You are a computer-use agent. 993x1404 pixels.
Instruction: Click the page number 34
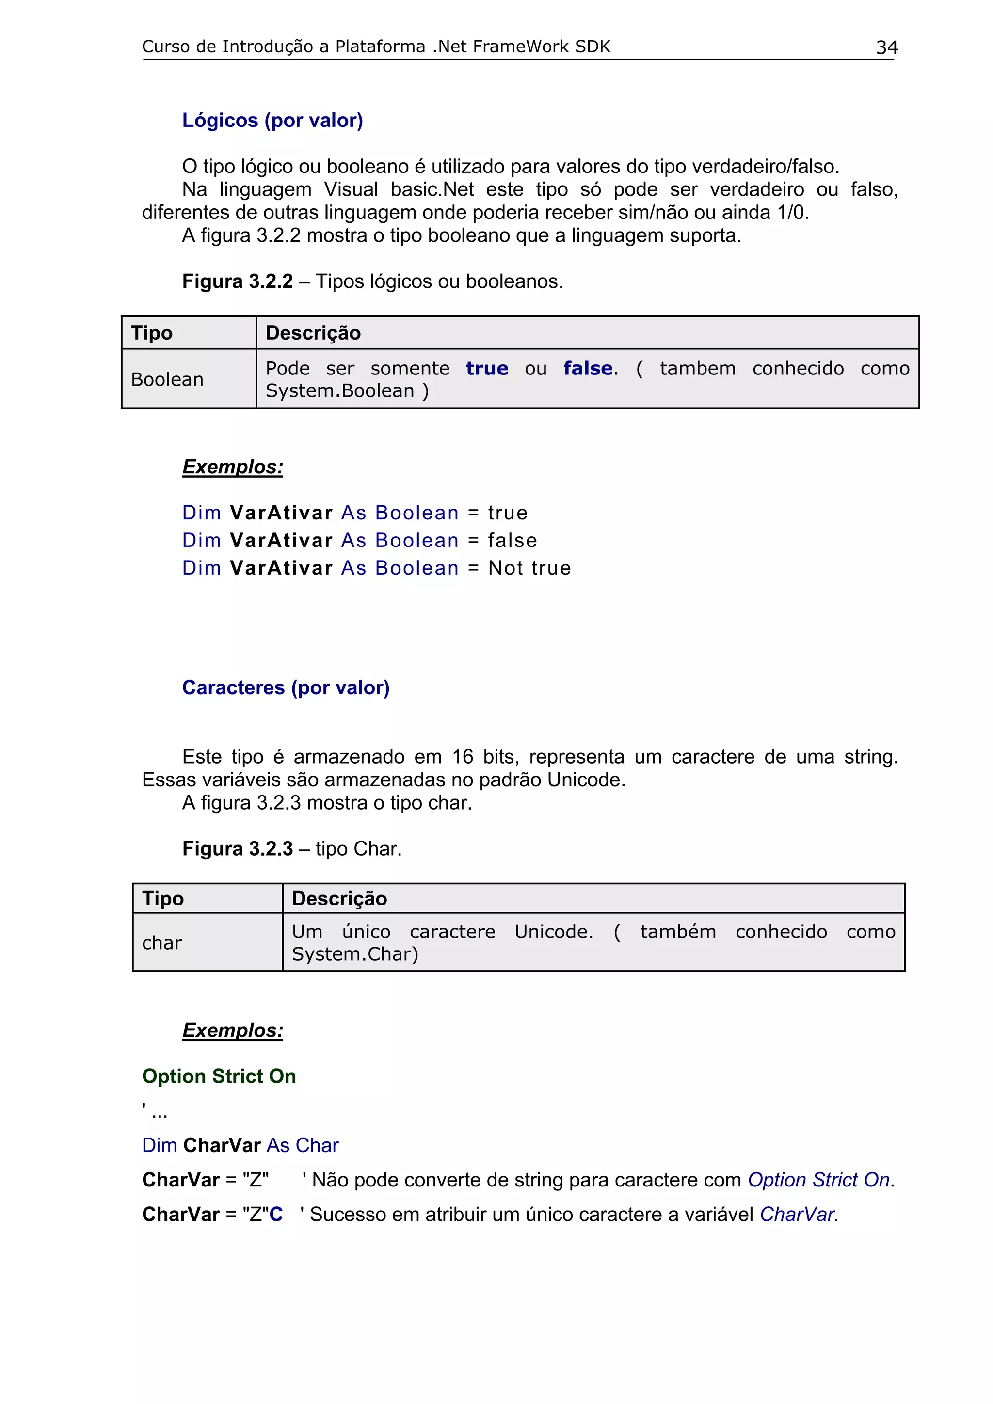[886, 47]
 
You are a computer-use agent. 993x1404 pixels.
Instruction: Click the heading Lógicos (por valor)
[272, 121]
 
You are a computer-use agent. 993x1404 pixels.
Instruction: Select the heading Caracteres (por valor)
[286, 687]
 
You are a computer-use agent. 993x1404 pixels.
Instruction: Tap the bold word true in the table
[486, 368]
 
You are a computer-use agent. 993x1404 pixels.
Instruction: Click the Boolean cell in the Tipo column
[167, 379]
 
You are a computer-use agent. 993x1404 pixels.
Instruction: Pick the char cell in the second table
[162, 942]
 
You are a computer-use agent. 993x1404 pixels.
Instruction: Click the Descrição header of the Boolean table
[313, 333]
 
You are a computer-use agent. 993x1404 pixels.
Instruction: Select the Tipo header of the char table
[163, 898]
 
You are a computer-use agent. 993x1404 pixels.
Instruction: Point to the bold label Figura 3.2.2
[238, 281]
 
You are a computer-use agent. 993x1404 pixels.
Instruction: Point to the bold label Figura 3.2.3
[238, 849]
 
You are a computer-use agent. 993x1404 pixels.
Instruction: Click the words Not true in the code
[529, 568]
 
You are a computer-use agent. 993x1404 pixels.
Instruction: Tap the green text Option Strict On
[219, 1076]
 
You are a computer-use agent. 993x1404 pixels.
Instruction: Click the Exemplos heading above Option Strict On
[233, 1030]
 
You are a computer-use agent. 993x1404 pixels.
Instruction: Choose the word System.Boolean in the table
[339, 391]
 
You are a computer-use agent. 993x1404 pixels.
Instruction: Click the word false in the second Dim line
[512, 541]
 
